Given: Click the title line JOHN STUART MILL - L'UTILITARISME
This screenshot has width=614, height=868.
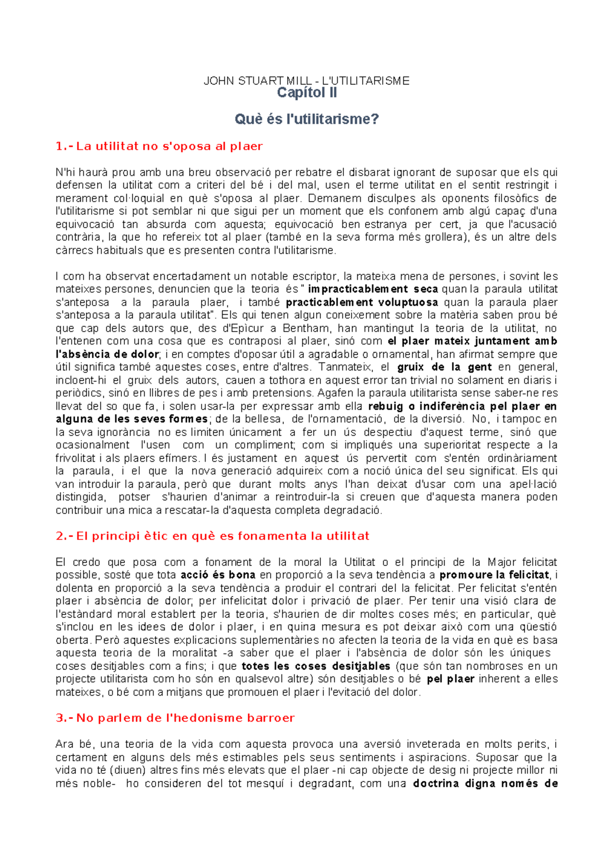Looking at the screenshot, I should pyautogui.click(x=306, y=81).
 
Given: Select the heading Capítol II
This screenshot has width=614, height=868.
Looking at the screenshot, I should pyautogui.click(x=306, y=93).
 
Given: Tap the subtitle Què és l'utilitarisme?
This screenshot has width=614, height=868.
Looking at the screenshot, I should pyautogui.click(x=306, y=119).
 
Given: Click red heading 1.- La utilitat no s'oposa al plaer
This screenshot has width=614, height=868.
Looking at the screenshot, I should pyautogui.click(x=159, y=146).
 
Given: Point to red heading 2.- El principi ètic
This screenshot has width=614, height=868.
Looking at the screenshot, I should pyautogui.click(x=212, y=536).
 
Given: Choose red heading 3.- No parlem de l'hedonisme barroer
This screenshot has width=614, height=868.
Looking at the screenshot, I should pyautogui.click(x=175, y=718).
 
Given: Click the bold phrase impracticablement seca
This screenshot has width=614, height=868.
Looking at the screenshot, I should pyautogui.click(x=372, y=289).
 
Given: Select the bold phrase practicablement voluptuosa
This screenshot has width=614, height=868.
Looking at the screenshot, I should pyautogui.click(x=362, y=302).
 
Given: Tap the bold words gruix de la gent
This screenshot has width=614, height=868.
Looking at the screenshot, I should pyautogui.click(x=444, y=367).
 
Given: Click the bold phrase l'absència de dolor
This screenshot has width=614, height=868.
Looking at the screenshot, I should pyautogui.click(x=107, y=354).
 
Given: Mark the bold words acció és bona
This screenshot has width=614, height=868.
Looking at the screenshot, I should pyautogui.click(x=218, y=575).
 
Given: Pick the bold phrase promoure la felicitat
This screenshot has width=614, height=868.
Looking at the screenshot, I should pyautogui.click(x=494, y=575).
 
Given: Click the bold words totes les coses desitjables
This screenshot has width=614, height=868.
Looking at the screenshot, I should pyautogui.click(x=316, y=666).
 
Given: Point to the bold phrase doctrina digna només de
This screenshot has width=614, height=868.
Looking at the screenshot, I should pyautogui.click(x=485, y=784).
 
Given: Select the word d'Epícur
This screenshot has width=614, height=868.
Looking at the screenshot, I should pyautogui.click(x=244, y=328).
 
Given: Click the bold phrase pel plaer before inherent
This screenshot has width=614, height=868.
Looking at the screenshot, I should pyautogui.click(x=450, y=679).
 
